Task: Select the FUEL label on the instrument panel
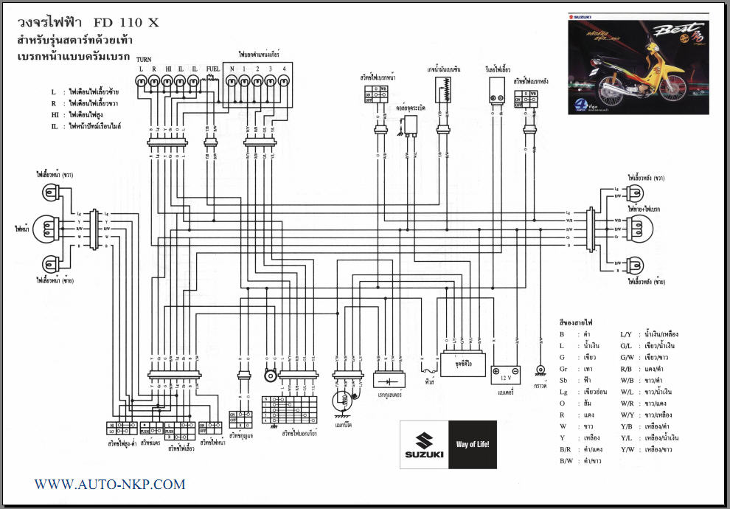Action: tap(213, 68)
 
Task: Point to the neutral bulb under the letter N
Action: tap(232, 83)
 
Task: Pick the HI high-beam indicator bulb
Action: tap(167, 83)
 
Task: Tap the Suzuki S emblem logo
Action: tap(424, 443)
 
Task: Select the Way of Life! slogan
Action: tap(473, 445)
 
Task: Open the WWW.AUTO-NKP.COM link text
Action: tap(110, 485)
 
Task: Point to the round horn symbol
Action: tap(270, 376)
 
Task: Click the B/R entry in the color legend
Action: tap(566, 449)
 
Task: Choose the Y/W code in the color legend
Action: tap(627, 449)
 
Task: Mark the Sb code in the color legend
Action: tap(563, 380)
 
